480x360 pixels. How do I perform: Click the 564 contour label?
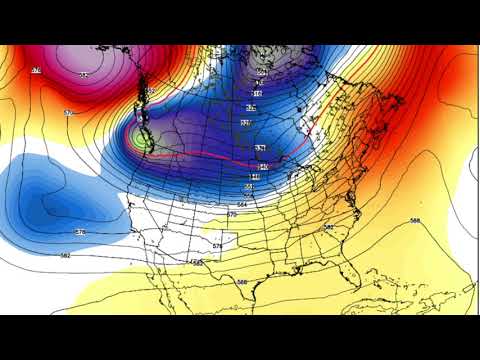[243, 203]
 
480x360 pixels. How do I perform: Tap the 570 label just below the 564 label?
[232, 214]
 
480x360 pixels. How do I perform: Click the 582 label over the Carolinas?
[329, 228]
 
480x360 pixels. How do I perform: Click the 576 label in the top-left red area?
[36, 70]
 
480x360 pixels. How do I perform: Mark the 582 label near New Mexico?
[196, 262]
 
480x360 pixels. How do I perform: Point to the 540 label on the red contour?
[262, 166]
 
